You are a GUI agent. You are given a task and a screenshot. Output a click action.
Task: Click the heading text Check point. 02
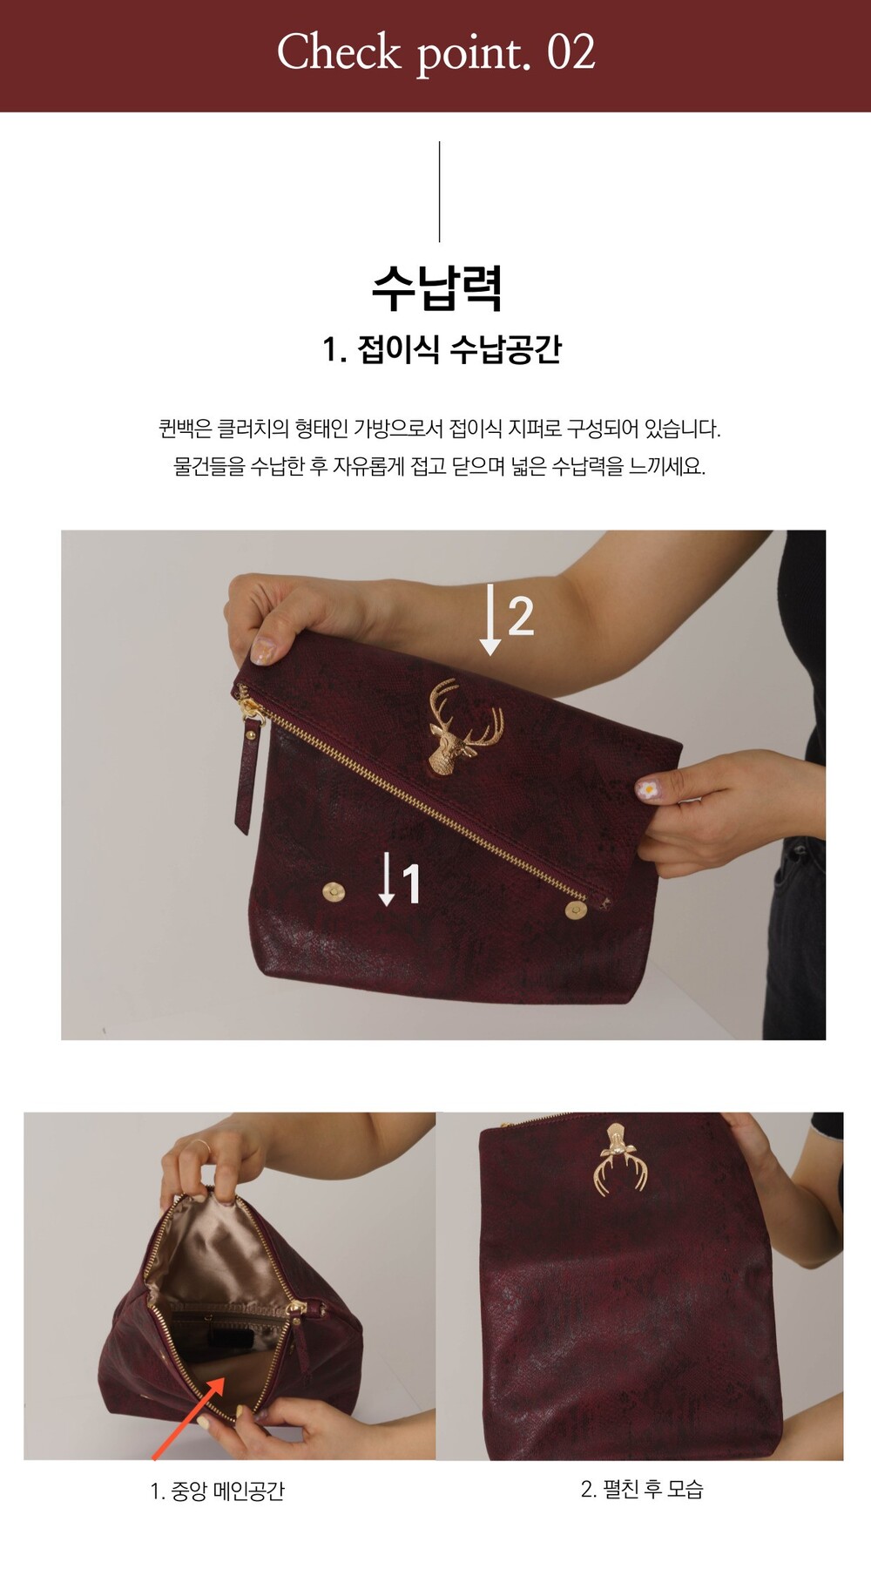(x=435, y=52)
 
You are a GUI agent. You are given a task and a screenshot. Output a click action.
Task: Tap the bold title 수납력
(x=437, y=287)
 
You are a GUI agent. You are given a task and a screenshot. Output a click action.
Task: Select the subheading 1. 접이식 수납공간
(x=442, y=349)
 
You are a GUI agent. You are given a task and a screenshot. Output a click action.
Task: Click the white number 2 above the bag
(x=520, y=616)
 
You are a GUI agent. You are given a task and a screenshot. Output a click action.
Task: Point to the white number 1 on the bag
(x=410, y=883)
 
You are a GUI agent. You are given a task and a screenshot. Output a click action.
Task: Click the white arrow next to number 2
(x=490, y=619)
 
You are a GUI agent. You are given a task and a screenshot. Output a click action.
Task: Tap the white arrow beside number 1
(x=387, y=880)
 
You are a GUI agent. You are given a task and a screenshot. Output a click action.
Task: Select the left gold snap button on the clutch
(x=334, y=891)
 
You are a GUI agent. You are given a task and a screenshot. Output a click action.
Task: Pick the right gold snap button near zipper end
(x=576, y=910)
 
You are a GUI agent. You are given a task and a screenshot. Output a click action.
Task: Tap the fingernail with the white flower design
(x=647, y=789)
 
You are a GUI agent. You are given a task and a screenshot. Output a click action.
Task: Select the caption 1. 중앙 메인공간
(x=217, y=1491)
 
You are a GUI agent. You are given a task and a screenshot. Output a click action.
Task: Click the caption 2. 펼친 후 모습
(x=642, y=1490)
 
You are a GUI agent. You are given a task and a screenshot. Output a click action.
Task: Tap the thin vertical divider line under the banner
(x=439, y=192)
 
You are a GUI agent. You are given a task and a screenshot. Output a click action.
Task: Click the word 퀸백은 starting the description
(x=185, y=429)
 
